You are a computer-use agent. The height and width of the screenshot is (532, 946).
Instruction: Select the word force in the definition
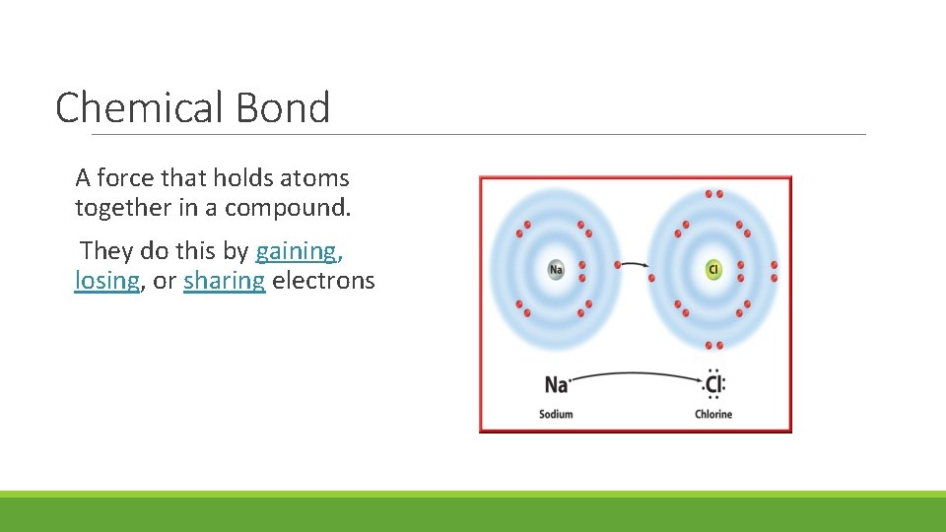click(125, 178)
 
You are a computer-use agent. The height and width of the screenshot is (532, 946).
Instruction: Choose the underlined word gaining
click(296, 251)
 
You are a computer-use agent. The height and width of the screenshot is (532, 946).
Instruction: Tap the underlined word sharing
click(224, 281)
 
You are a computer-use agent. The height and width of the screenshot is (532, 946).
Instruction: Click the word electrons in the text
click(323, 281)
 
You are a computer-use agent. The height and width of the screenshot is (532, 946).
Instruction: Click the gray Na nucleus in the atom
click(556, 269)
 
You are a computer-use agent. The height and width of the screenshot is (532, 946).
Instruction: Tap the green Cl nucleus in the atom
click(713, 269)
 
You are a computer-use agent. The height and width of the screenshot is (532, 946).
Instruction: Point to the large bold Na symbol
click(556, 384)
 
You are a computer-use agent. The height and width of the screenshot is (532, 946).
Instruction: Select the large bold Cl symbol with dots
click(714, 383)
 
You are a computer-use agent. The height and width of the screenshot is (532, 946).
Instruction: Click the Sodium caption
click(556, 414)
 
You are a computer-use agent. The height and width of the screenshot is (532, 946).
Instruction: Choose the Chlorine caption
click(713, 414)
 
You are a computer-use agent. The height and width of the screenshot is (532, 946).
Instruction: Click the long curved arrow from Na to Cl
click(636, 373)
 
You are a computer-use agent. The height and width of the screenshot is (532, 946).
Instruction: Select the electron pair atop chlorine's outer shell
click(713, 194)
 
